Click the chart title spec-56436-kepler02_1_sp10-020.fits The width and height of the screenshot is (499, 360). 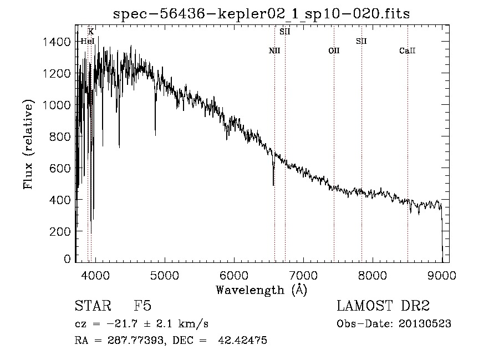pos(261,14)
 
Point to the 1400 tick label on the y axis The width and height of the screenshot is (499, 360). pos(57,42)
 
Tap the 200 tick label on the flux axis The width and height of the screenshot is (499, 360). pos(60,231)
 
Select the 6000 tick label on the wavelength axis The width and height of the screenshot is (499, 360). pos(234,276)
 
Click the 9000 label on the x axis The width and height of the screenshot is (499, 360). pos(442,276)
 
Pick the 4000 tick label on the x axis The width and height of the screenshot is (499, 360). pos(95,276)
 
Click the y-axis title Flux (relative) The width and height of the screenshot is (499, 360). pos(28,145)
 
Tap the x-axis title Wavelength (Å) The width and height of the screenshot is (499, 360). pos(262,290)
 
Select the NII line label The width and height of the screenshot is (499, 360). pos(274,50)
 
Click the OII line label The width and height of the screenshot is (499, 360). pos(334,50)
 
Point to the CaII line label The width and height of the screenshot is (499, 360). pos(408,50)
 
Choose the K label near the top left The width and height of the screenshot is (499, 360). pos(91,32)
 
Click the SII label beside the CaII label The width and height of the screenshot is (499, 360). pos(361,41)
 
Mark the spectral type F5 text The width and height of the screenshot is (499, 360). pos(142,306)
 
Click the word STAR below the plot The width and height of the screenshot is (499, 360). pos(93,306)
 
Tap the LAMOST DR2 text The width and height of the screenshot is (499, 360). pos(383,306)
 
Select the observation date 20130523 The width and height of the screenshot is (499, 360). pos(425,324)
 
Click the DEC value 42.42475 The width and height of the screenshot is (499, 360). pos(242,340)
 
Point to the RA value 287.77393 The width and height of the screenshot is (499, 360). pos(136,341)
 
